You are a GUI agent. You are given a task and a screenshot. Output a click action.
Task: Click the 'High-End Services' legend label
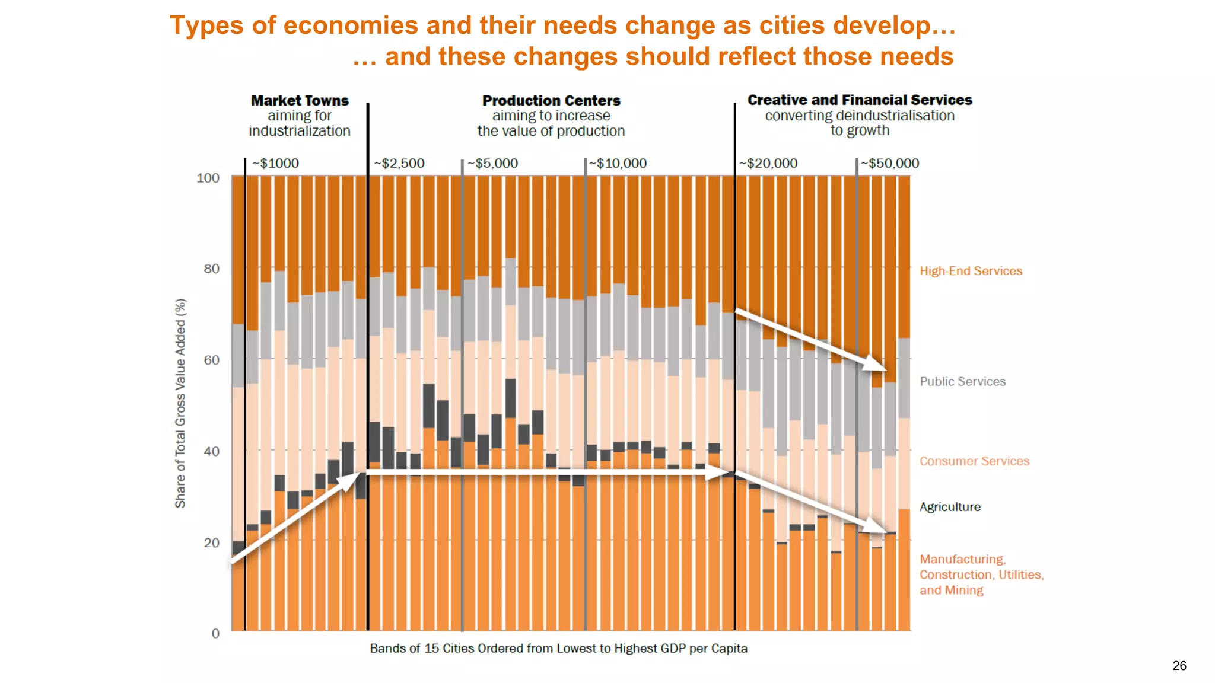click(971, 271)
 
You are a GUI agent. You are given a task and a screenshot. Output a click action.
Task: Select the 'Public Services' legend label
click(962, 381)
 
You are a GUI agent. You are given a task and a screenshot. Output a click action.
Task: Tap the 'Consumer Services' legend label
click(974, 461)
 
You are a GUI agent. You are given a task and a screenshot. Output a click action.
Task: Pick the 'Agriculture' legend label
click(950, 507)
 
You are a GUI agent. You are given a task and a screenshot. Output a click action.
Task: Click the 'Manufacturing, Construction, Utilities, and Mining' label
click(981, 575)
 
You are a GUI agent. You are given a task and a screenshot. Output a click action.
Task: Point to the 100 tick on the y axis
click(208, 178)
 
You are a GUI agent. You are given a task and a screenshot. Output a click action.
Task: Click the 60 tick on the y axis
click(211, 360)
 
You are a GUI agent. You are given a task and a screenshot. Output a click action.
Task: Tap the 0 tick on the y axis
click(215, 633)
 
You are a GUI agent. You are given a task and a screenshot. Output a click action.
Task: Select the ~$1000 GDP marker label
click(275, 163)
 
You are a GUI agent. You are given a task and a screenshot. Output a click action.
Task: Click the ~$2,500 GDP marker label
click(399, 163)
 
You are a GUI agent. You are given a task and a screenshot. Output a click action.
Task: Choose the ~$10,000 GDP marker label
click(618, 163)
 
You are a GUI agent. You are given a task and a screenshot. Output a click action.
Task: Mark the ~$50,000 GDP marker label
click(890, 163)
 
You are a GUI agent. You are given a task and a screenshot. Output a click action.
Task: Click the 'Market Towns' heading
click(300, 100)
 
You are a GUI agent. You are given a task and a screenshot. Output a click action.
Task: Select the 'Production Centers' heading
click(551, 100)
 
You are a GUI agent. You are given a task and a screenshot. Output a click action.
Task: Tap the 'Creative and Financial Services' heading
click(860, 100)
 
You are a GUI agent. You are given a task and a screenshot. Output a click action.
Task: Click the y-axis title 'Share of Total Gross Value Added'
click(180, 403)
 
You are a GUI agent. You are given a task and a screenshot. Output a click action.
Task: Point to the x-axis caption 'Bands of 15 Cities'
click(558, 648)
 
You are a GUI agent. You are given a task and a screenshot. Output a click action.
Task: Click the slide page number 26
click(1179, 665)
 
